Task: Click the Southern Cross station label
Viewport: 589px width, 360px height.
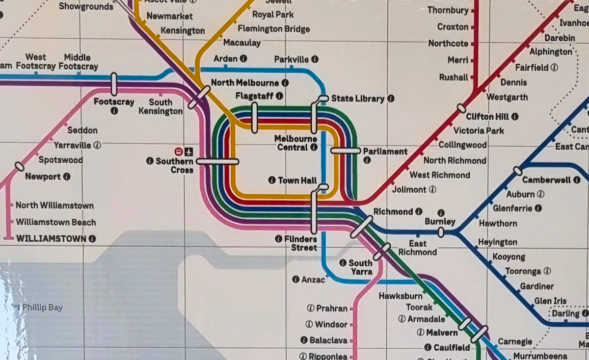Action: click(175, 166)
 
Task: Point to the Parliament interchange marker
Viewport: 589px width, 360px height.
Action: click(346, 151)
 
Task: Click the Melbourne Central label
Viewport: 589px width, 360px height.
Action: click(295, 143)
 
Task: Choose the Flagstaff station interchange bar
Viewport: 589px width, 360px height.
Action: click(254, 118)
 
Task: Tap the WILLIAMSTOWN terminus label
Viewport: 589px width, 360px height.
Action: click(51, 239)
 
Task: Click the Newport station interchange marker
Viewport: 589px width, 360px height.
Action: click(20, 167)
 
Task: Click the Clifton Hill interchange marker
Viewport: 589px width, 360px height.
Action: click(461, 108)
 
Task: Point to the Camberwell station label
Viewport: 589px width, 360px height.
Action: click(550, 180)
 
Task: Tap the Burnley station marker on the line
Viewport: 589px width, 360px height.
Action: click(441, 232)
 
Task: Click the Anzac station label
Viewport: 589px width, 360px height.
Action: click(313, 280)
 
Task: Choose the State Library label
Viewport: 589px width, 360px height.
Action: click(357, 99)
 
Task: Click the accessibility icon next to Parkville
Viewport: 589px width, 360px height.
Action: click(315, 59)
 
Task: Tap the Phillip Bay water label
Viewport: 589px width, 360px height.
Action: click(41, 308)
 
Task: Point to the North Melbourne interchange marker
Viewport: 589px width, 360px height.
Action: click(199, 97)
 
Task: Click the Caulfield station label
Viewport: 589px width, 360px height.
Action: click(452, 347)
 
